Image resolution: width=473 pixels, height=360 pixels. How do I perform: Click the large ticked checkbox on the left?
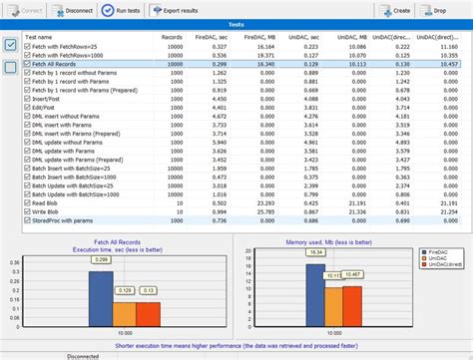9,45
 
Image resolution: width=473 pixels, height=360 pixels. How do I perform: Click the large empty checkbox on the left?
9,67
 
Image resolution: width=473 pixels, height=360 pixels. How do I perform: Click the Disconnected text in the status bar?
89,355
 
